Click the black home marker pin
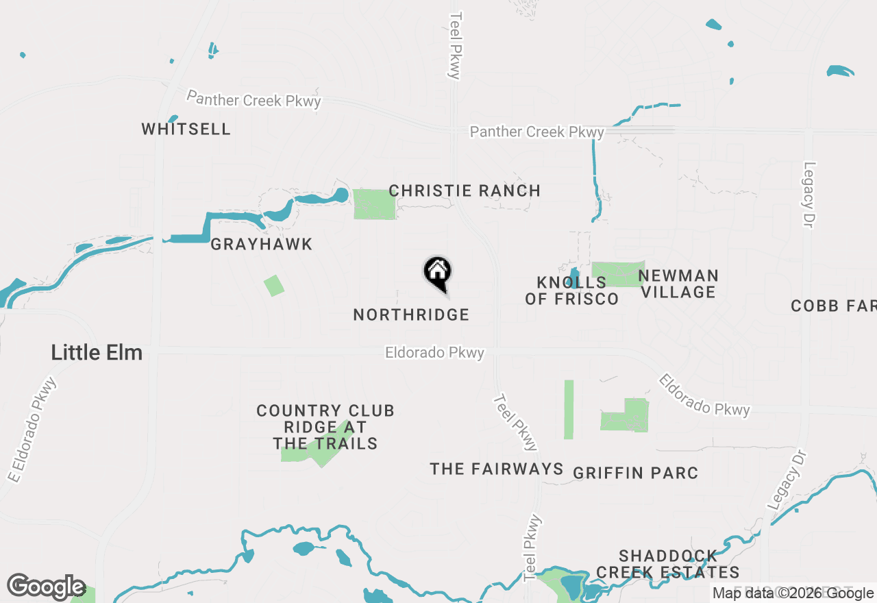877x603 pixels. coord(437,273)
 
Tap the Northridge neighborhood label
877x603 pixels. coord(411,315)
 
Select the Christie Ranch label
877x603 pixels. coord(465,190)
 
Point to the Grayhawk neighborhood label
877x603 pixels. coord(261,244)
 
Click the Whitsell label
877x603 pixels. coord(186,129)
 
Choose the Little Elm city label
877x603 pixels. coord(97,353)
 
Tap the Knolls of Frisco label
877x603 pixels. coord(572,291)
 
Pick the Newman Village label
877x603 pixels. coord(678,284)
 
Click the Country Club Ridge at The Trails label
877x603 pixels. coord(325,427)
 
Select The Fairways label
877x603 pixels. coord(497,469)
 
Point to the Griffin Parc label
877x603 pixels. coord(636,473)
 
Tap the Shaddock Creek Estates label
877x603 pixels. coord(668,563)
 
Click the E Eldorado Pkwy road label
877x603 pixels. coord(32,429)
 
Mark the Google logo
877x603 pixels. coord(46,587)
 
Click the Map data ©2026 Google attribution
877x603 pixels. coord(793,593)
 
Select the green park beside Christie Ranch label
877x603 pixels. coord(374,204)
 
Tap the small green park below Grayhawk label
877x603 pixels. coord(274,285)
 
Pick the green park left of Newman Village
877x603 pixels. coord(617,274)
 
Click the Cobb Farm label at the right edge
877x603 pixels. coord(833,306)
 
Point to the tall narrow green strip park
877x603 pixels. coord(569,409)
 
